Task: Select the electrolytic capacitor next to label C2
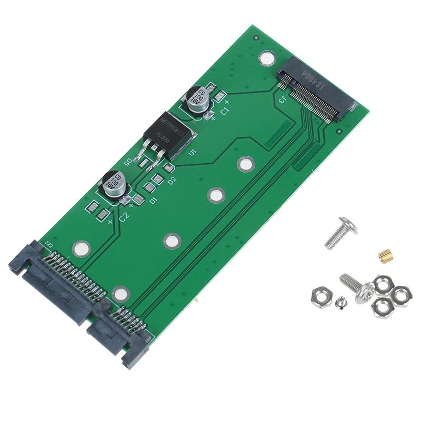[114, 184]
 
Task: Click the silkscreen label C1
[224, 111]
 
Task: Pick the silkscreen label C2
[124, 216]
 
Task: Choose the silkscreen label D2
[171, 181]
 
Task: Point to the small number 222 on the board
[49, 244]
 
